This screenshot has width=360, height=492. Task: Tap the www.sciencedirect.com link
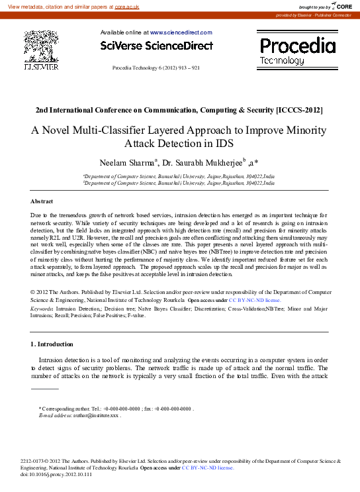(x=181, y=32)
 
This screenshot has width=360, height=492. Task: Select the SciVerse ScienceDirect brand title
(x=157, y=46)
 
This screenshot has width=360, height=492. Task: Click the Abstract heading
(x=42, y=201)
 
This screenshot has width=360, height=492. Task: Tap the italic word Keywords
(x=42, y=309)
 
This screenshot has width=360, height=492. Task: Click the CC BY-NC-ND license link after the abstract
(x=255, y=300)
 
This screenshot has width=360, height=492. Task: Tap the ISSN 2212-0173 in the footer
(x=34, y=460)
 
